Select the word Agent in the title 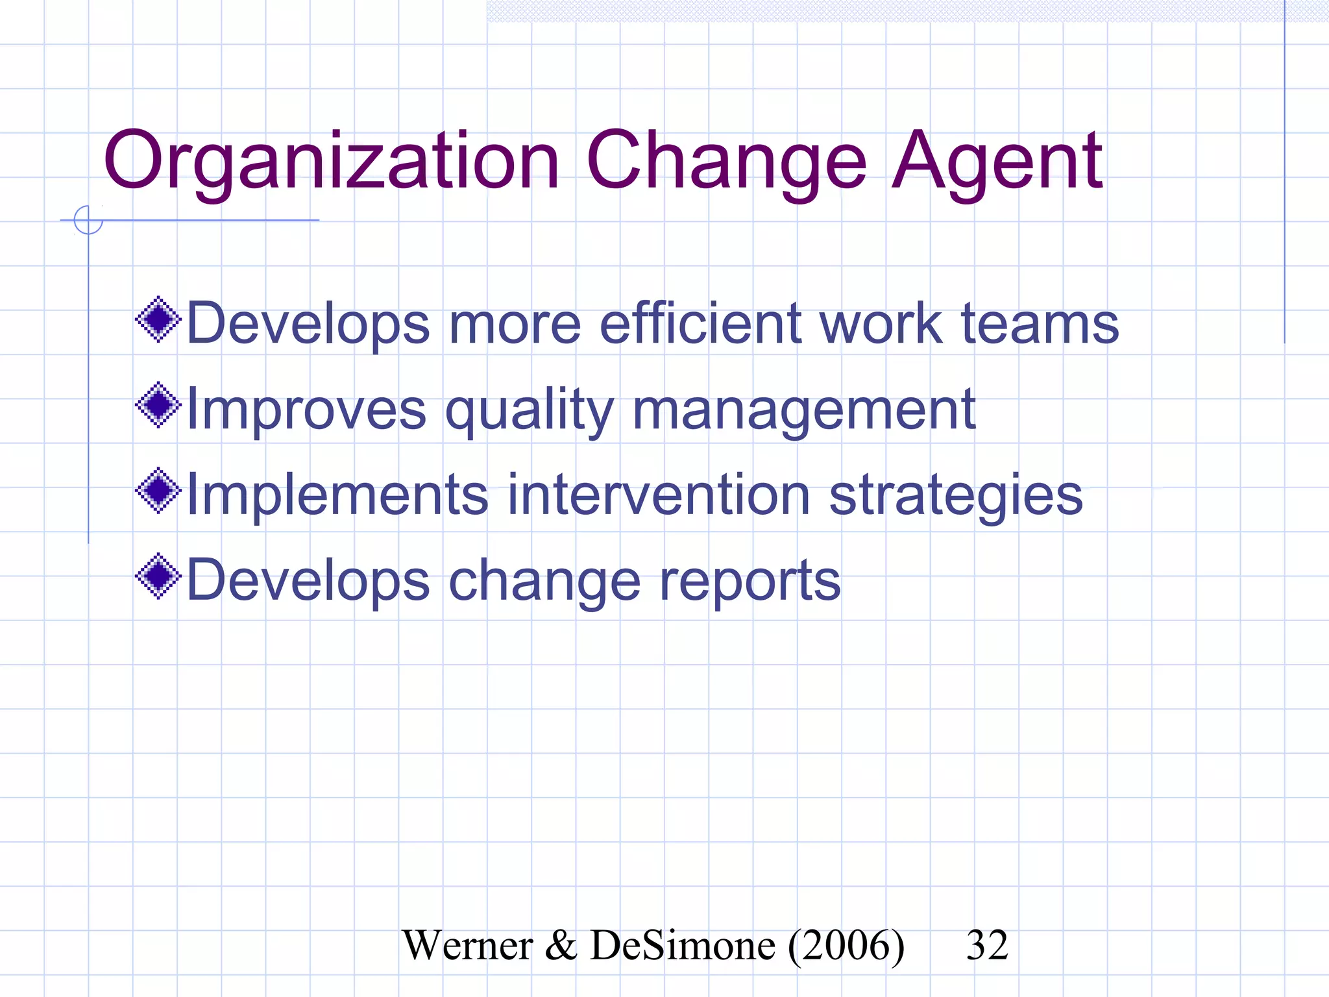[997, 162]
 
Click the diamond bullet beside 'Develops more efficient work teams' [158, 319]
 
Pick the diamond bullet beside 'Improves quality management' [158, 405]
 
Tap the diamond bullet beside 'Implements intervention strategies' [158, 491]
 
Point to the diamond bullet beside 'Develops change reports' [158, 576]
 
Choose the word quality [529, 411]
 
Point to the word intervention [658, 495]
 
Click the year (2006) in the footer [846, 945]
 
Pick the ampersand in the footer [561, 945]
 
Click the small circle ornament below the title [88, 220]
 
